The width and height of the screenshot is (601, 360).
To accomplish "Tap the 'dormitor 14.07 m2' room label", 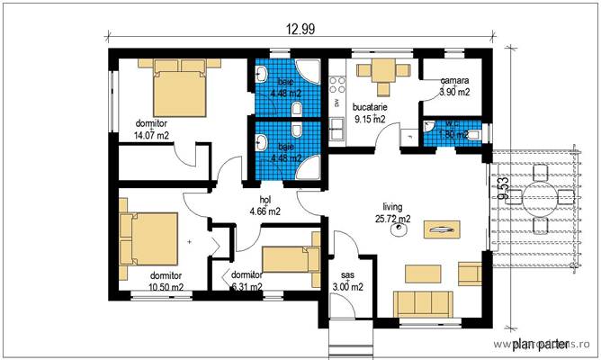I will [153, 130].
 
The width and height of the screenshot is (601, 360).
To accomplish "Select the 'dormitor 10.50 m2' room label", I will [166, 281].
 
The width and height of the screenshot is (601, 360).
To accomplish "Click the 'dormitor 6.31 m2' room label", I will [246, 281].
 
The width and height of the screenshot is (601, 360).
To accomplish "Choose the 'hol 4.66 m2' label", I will [265, 206].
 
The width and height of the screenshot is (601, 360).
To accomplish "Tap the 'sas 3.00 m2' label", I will [347, 281].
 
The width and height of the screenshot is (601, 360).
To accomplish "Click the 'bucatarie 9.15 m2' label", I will [370, 112].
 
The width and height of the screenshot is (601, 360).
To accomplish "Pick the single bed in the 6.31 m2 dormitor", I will [292, 258].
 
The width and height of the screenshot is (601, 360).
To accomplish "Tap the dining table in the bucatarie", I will [384, 73].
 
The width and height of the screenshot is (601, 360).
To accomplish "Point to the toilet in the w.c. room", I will [471, 134].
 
